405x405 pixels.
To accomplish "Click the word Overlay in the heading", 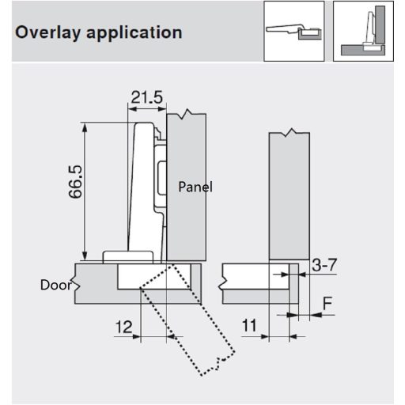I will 47,33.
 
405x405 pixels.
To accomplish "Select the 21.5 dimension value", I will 146,97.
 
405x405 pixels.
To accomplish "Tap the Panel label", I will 195,187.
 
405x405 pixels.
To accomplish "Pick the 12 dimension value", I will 123,326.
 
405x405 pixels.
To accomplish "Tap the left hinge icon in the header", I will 294,31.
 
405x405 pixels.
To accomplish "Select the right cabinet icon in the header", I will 364,31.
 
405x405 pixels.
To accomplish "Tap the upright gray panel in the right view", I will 289,198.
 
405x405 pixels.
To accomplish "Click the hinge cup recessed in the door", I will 142,277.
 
